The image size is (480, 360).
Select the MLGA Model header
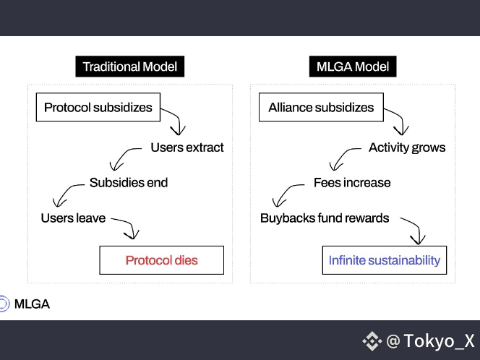tap(353, 67)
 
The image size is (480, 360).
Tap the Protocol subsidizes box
tap(98, 108)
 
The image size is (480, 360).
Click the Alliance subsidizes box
tap(321, 108)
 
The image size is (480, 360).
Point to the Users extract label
tap(187, 147)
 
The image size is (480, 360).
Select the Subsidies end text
tap(129, 182)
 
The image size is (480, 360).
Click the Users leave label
tap(73, 218)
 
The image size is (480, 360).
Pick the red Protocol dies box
tap(161, 260)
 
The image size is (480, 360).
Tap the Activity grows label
tap(407, 147)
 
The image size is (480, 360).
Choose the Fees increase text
tap(352, 182)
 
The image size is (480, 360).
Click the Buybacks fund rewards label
tap(325, 218)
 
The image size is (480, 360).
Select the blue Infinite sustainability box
tap(384, 260)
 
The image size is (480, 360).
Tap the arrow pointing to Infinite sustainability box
tap(412, 230)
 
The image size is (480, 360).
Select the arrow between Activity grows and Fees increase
tap(343, 158)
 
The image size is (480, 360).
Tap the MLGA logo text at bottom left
tap(32, 304)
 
